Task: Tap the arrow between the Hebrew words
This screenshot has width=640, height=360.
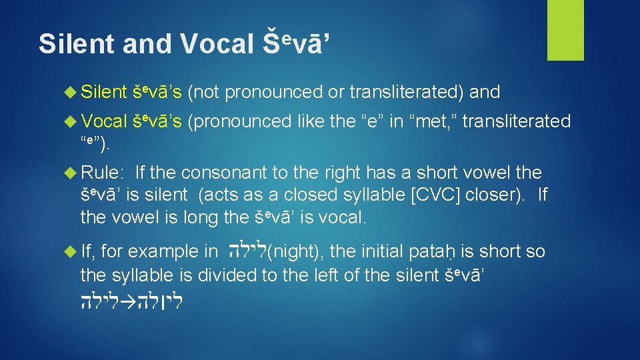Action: (132, 299)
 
